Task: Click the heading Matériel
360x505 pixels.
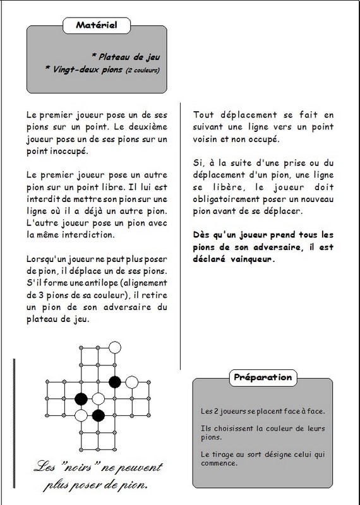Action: tap(97, 25)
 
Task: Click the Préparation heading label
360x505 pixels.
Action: tap(263, 377)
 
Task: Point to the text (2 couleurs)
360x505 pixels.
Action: tap(143, 70)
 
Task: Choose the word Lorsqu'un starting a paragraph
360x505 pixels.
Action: tap(42, 259)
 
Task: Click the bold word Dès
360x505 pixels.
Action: tap(201, 235)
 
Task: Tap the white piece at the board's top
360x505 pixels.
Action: tap(115, 348)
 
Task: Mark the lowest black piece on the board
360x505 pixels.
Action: tap(99, 415)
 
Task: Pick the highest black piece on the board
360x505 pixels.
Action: tap(115, 382)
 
